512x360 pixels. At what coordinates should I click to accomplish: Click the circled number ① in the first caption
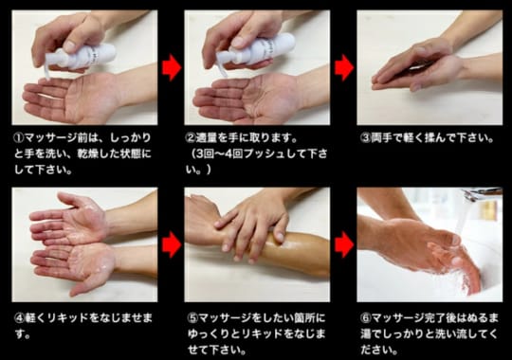click(19, 138)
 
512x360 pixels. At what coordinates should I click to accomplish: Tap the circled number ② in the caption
click(191, 138)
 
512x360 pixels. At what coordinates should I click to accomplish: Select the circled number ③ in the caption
click(366, 138)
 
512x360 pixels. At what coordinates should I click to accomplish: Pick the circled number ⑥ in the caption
click(366, 318)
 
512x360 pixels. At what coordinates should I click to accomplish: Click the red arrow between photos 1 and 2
click(172, 68)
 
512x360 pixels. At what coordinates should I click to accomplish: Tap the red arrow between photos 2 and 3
click(344, 68)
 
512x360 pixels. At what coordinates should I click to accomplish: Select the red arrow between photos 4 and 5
click(172, 244)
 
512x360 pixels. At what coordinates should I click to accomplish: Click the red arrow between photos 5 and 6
click(344, 244)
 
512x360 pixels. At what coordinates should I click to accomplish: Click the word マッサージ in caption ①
click(51, 138)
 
